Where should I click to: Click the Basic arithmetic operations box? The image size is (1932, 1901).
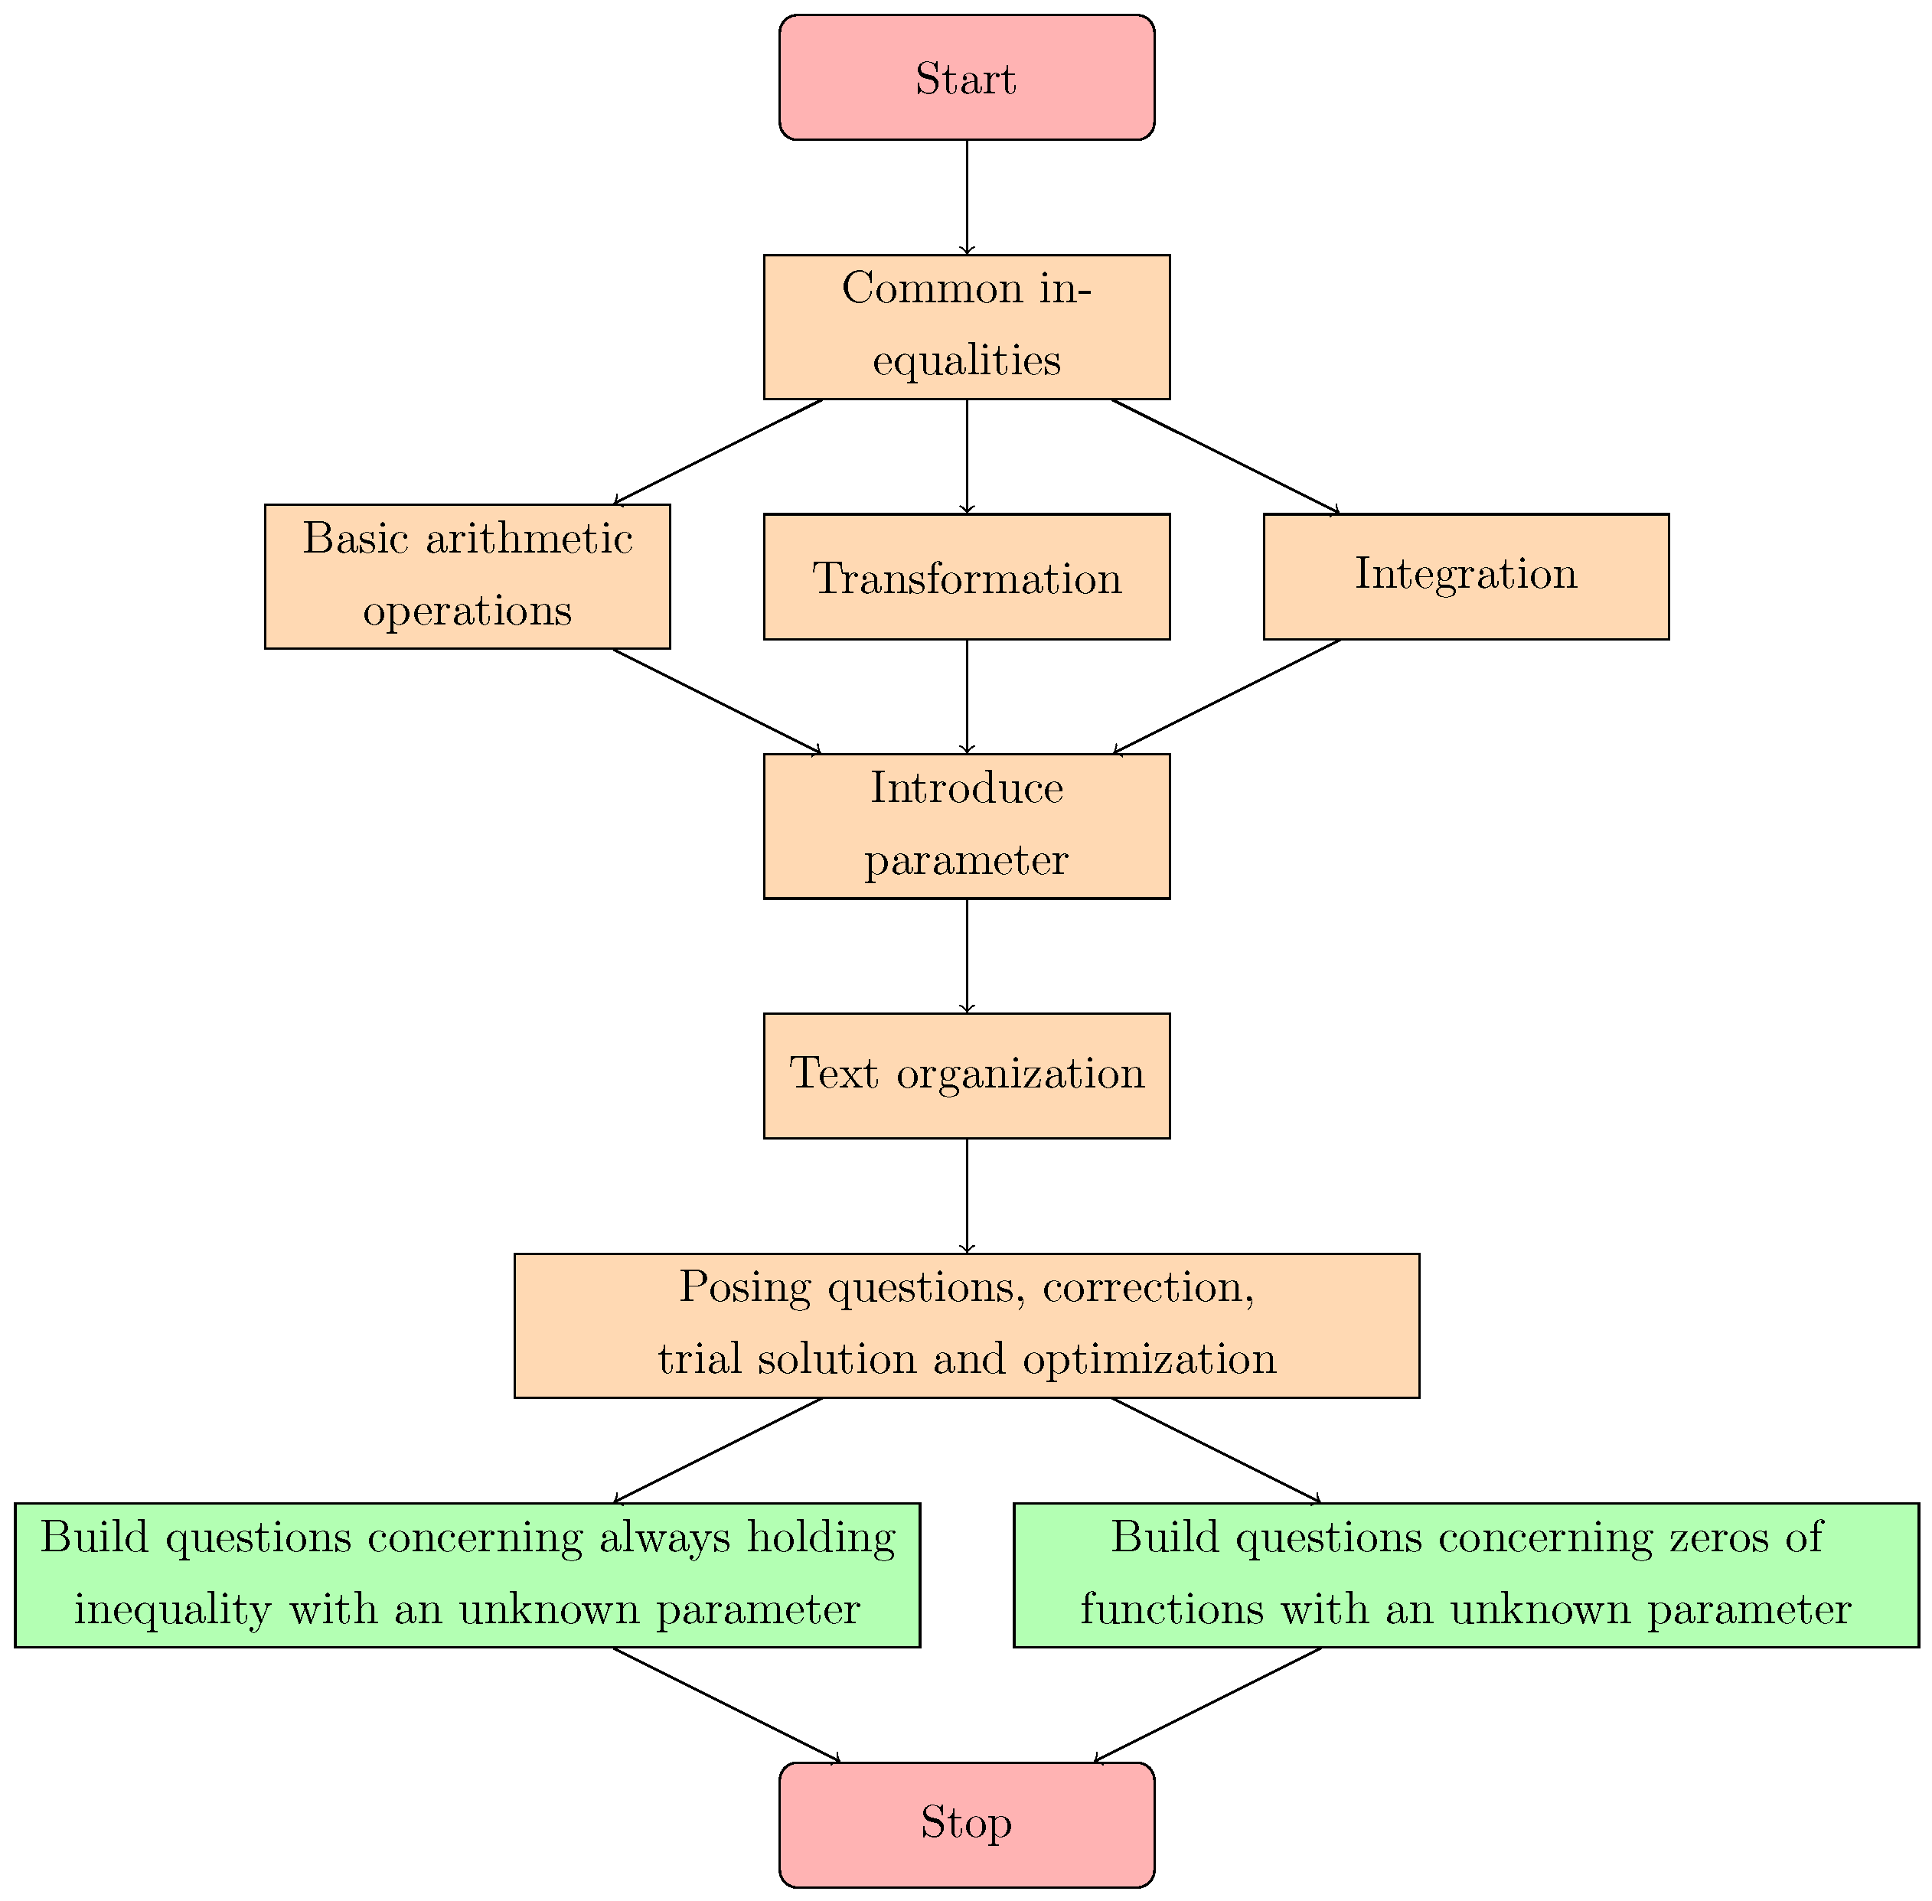[466, 576]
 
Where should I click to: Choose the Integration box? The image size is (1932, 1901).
[1465, 576]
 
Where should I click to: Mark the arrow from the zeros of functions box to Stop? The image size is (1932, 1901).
[1208, 1704]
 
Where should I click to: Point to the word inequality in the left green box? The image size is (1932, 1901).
[171, 1610]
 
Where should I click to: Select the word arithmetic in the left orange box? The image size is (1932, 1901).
[528, 539]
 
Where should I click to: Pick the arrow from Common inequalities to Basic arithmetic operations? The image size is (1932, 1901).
[717, 452]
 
